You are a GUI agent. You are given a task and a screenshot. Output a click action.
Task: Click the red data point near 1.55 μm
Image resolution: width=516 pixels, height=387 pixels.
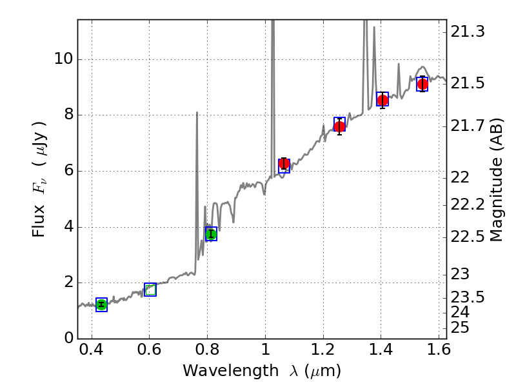(422, 84)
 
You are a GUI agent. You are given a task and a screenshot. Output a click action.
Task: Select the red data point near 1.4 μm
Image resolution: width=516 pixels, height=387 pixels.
(382, 99)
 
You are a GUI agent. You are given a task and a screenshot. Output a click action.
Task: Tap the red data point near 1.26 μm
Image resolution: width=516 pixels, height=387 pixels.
(339, 126)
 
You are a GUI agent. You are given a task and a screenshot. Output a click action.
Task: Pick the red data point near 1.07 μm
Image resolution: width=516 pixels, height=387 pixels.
(284, 164)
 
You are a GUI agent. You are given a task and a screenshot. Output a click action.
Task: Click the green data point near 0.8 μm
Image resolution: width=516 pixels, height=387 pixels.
(211, 234)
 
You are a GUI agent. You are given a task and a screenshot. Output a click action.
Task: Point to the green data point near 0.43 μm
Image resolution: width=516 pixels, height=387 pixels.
(101, 304)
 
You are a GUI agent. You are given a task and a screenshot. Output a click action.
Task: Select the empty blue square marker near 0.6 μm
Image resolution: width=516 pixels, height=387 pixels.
(150, 290)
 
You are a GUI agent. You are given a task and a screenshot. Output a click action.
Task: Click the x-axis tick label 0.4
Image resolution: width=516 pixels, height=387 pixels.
(92, 352)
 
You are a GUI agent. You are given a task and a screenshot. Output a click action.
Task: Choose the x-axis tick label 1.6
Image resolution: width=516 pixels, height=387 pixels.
(438, 352)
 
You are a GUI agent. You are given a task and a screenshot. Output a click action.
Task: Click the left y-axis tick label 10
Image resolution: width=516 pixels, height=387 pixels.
(63, 59)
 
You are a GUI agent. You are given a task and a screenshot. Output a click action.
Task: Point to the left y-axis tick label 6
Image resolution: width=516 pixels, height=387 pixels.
(67, 171)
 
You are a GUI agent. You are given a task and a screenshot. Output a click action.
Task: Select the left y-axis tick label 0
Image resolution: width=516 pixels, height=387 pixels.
(67, 338)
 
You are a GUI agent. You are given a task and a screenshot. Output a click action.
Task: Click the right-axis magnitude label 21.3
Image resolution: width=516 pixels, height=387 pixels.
(468, 32)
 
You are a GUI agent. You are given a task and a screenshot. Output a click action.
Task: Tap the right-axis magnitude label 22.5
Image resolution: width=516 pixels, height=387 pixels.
(468, 237)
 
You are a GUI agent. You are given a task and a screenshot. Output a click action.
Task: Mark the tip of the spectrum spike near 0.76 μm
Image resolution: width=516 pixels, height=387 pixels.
(196, 113)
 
